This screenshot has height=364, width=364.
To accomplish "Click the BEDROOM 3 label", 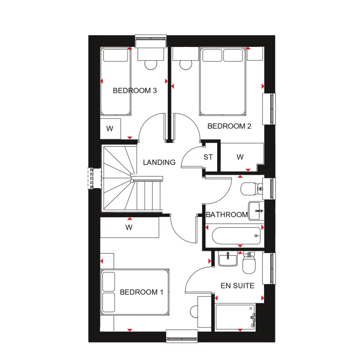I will pyautogui.click(x=135, y=91).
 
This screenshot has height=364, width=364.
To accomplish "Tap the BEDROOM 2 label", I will pyautogui.click(x=229, y=126).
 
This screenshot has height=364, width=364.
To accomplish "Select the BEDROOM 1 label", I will pyautogui.click(x=142, y=292).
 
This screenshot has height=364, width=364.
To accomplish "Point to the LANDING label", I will pyautogui.click(x=159, y=163).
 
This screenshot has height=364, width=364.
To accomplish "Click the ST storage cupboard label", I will pyautogui.click(x=208, y=157).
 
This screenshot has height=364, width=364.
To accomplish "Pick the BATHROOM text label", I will pyautogui.click(x=226, y=215).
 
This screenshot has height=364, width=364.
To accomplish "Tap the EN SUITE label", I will pyautogui.click(x=237, y=286).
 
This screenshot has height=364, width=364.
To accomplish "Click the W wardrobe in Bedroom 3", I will pyautogui.click(x=110, y=129).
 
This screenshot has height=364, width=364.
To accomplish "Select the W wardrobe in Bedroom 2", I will pyautogui.click(x=240, y=157).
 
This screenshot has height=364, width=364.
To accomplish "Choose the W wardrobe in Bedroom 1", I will pyautogui.click(x=129, y=228).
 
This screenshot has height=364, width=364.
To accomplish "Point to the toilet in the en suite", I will pyautogui.click(x=248, y=263).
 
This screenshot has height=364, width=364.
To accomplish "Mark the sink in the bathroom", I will pyautogui.click(x=256, y=210).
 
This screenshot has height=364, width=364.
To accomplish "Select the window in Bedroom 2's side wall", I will pyautogui.click(x=269, y=109).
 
